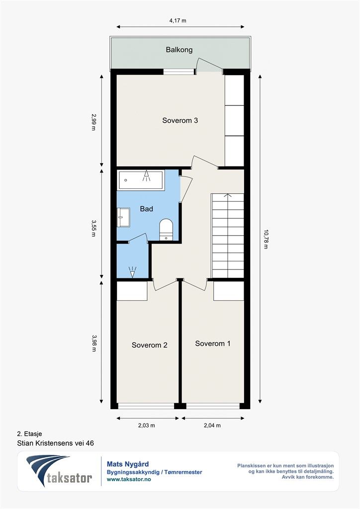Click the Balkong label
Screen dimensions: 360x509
tap(179, 50)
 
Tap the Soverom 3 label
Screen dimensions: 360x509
tap(180, 120)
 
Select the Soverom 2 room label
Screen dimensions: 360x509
tap(149, 345)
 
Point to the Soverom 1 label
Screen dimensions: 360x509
tap(213, 343)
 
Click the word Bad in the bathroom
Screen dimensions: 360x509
tap(146, 209)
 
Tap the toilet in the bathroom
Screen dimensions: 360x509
tap(166, 230)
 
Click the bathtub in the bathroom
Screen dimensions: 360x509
tap(141, 180)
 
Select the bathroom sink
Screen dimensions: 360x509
tap(123, 217)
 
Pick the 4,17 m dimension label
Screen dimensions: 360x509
tap(178, 21)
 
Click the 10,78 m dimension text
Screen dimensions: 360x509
tap(266, 239)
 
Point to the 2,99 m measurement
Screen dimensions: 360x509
tap(94, 121)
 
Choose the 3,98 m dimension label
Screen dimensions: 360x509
tap(94, 343)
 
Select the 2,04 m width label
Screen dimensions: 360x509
tap(212, 425)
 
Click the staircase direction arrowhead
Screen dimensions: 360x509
tap(228, 195)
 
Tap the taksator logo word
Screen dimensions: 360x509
tap(69, 478)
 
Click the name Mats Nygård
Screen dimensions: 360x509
tap(128, 464)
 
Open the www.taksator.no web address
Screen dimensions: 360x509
tap(129, 479)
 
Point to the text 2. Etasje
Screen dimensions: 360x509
tap(29, 433)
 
